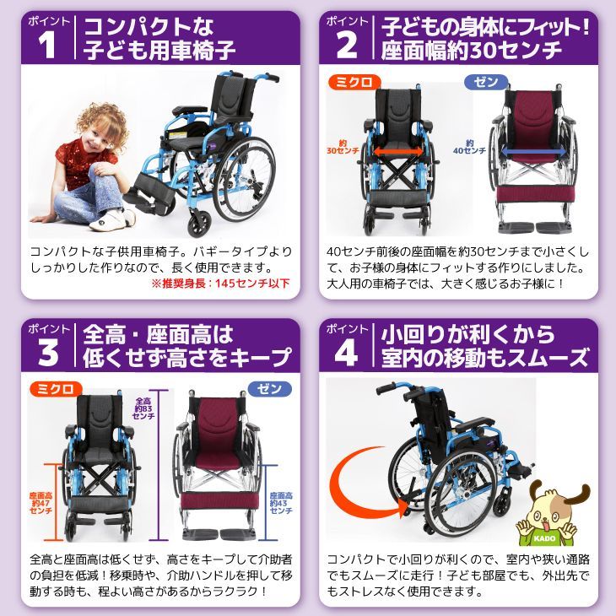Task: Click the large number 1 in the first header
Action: [46, 45]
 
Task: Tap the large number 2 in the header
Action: [347, 45]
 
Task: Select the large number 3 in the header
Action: [48, 353]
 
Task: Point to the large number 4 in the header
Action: [347, 353]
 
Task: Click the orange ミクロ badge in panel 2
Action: [354, 82]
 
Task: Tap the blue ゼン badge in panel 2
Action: [486, 82]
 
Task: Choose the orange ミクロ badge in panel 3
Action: [56, 389]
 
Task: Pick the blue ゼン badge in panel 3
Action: [269, 389]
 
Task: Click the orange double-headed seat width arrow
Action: [398, 151]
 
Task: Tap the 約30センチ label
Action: [343, 147]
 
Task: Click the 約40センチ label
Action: [469, 147]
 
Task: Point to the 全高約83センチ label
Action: [143, 408]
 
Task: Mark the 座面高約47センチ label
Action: [41, 503]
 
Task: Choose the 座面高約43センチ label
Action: [281, 503]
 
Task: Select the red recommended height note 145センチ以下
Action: [221, 284]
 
